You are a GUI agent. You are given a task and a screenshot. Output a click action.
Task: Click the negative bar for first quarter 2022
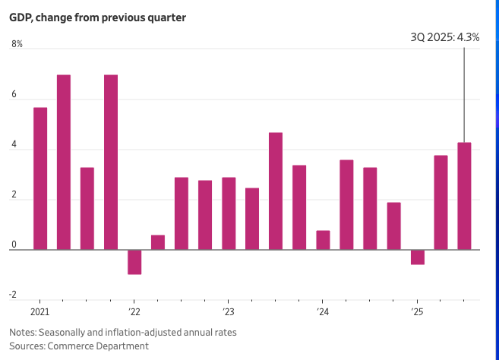(x=134, y=262)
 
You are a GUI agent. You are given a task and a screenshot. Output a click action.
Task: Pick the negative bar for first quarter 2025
(x=417, y=257)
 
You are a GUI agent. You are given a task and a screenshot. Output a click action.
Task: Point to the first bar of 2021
(x=40, y=178)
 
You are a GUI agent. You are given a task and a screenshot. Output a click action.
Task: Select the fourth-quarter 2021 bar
(x=111, y=162)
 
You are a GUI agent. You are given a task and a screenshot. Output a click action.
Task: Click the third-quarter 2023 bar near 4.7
(x=276, y=191)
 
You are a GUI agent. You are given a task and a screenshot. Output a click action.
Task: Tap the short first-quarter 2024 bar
(x=323, y=240)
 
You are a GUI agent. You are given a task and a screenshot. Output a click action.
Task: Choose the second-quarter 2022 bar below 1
(x=158, y=242)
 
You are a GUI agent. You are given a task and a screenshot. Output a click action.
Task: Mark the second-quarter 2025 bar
(x=441, y=202)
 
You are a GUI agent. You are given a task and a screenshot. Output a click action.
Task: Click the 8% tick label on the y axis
(x=17, y=44)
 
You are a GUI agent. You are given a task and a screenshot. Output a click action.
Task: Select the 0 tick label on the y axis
(x=14, y=245)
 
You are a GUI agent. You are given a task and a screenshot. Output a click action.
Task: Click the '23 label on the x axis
(x=228, y=312)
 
